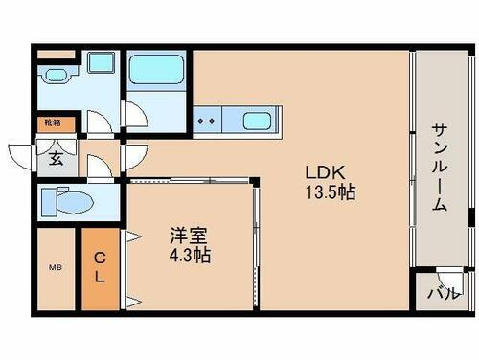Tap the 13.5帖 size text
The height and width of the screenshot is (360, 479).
[x=331, y=192]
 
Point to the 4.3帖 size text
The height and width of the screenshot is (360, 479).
[x=188, y=256]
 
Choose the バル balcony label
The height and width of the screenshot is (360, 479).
[x=442, y=293]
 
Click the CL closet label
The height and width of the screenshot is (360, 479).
[x=100, y=265]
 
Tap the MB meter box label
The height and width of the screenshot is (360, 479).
[x=55, y=268]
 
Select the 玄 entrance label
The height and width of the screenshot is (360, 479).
[x=57, y=159]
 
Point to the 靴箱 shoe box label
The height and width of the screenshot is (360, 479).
[x=51, y=124]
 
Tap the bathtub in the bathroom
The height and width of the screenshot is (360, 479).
[x=157, y=69]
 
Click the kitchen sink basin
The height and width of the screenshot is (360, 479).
[x=256, y=121]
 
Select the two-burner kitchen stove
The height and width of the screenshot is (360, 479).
[x=206, y=121]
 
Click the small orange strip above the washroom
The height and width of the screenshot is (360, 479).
[x=56, y=55]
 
